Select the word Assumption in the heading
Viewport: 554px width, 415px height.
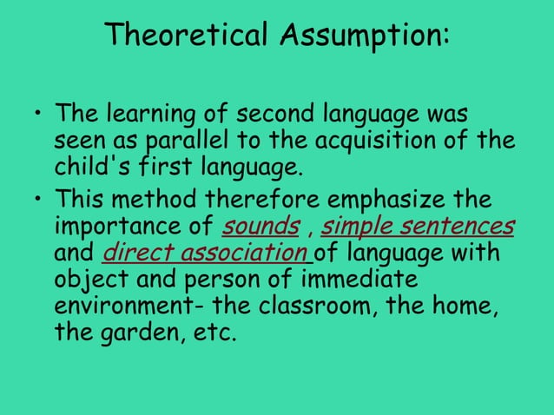(364, 36)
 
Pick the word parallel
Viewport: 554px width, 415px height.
(205, 140)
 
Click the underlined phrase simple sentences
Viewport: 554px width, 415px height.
(418, 228)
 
